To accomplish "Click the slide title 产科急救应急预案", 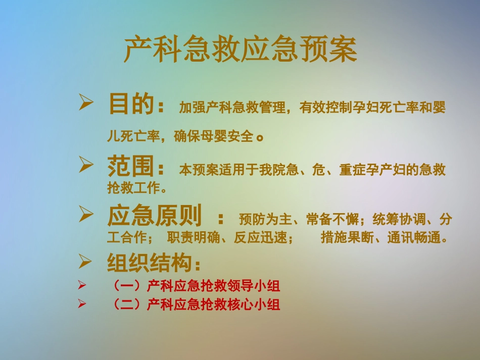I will pyautogui.click(x=241, y=50).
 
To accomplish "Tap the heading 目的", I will pyautogui.click(x=130, y=105).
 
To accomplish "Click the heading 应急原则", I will pyautogui.click(x=155, y=216).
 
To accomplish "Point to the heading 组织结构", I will pyautogui.click(x=151, y=263).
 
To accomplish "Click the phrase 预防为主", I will pyautogui.click(x=266, y=220).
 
